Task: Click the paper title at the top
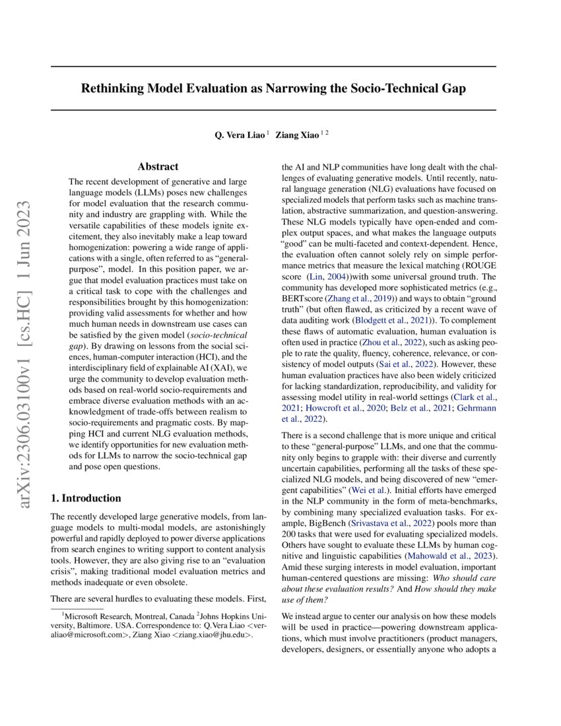(x=273, y=88)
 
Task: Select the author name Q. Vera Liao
(x=239, y=135)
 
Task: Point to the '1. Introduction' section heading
(x=86, y=498)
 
